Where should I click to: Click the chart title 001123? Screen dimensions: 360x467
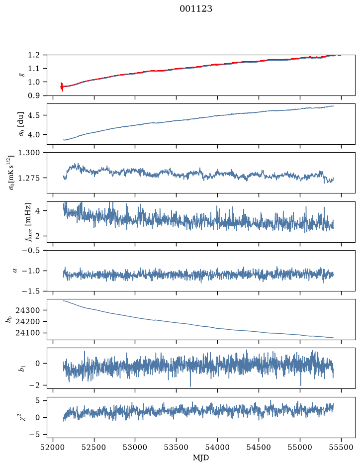click(x=196, y=9)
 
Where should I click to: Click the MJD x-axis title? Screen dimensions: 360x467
click(x=201, y=458)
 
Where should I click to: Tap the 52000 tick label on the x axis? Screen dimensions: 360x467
click(x=53, y=447)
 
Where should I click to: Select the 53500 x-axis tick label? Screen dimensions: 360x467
click(x=177, y=447)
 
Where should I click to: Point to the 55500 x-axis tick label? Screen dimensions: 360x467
click(x=341, y=447)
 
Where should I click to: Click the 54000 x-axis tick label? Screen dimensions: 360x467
click(x=217, y=447)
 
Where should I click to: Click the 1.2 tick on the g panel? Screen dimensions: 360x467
click(x=34, y=55)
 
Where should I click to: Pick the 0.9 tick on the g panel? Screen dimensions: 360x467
click(x=34, y=95)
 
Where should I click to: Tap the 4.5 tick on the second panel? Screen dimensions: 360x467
click(x=34, y=115)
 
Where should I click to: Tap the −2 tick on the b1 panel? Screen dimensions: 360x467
click(x=35, y=385)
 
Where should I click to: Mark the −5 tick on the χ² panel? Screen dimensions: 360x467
click(x=35, y=435)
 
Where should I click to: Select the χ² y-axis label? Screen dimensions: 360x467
click(x=23, y=417)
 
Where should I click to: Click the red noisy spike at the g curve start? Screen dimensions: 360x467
click(x=62, y=87)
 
